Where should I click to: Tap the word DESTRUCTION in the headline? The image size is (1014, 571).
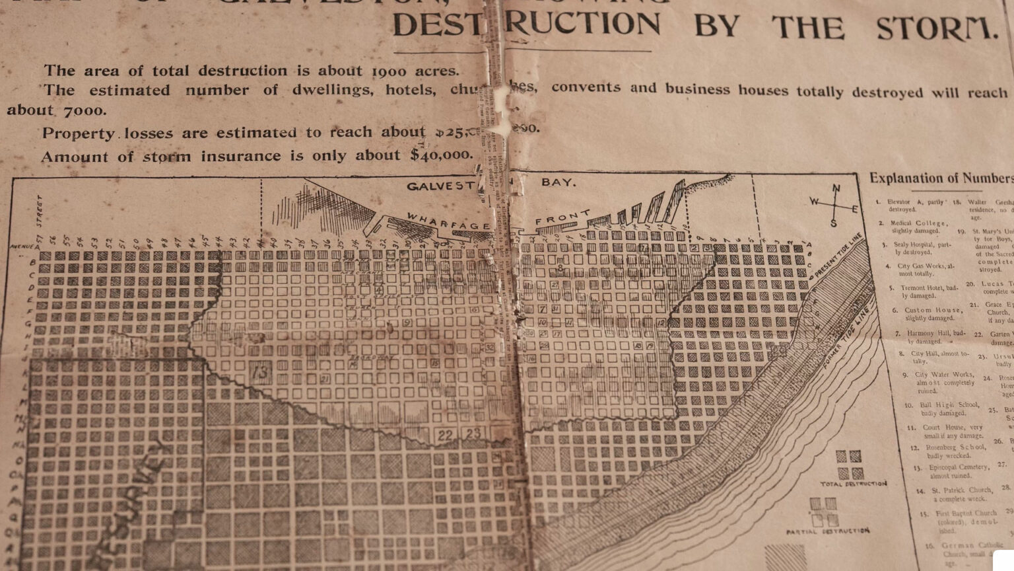526,24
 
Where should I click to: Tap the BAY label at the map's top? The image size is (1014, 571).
558,182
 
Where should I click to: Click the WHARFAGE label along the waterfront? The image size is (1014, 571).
448,222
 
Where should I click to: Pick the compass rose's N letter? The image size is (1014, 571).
836,189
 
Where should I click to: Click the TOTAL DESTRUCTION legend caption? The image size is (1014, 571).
854,484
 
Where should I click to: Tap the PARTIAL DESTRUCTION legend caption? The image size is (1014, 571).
828,531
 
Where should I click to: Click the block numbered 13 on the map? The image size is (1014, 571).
261,372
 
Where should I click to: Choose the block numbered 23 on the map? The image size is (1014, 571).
473,434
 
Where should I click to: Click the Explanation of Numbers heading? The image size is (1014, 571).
941,178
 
